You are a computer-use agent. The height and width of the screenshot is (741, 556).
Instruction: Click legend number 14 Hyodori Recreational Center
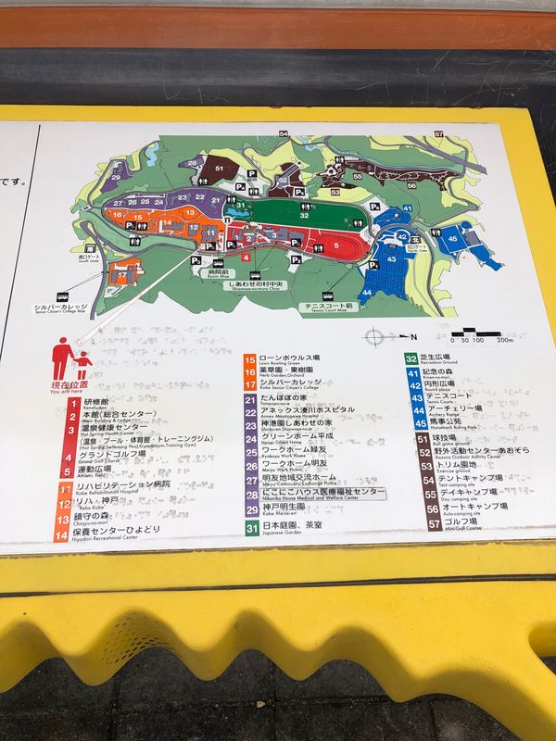tap(65, 533)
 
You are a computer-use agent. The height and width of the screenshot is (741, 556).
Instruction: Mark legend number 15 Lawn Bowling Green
tap(250, 358)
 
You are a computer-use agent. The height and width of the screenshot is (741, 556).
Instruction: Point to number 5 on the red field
tap(336, 245)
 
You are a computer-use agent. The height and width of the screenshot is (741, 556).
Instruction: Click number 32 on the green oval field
tap(304, 215)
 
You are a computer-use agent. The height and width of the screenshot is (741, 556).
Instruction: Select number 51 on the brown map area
tap(220, 169)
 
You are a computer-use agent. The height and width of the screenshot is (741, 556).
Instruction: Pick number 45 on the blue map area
tap(452, 238)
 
